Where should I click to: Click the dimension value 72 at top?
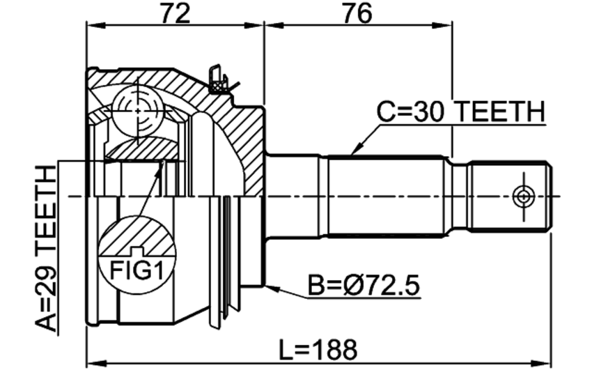pyautogui.click(x=175, y=14)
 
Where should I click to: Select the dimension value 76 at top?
pyautogui.click(x=357, y=14)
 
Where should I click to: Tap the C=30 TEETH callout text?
pyautogui.click(x=461, y=111)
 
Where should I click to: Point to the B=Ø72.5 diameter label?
pyautogui.click(x=364, y=286)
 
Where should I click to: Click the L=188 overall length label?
pyautogui.click(x=318, y=350)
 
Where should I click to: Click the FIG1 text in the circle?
pyautogui.click(x=137, y=270)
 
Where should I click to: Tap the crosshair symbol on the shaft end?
pyautogui.click(x=524, y=196)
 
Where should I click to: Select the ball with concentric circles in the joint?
pyautogui.click(x=137, y=111)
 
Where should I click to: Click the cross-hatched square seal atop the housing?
pyautogui.click(x=217, y=86)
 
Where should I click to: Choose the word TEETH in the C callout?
pyautogui.click(x=499, y=111)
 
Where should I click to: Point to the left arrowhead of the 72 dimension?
pyautogui.click(x=96, y=26)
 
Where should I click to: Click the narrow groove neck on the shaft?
pyautogui.click(x=460, y=196)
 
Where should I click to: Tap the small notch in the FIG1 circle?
pyautogui.click(x=137, y=251)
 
